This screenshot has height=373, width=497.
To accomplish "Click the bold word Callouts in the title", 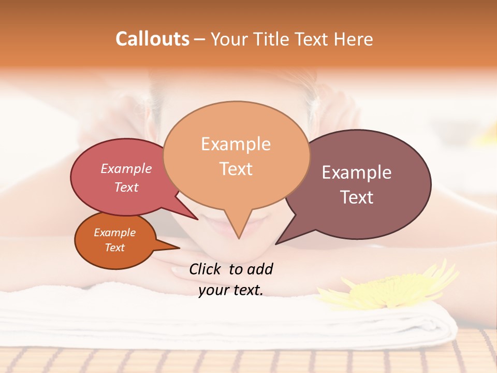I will pyautogui.click(x=152, y=39).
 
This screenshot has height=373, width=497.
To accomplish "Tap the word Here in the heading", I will pyautogui.click(x=354, y=39).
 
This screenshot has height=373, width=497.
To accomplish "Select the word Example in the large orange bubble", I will pyautogui.click(x=236, y=144).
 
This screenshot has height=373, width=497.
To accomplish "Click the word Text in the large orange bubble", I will pyautogui.click(x=236, y=169).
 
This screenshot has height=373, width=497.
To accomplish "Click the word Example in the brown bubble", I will pyautogui.click(x=357, y=173).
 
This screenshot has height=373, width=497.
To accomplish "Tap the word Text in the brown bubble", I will pyautogui.click(x=357, y=197).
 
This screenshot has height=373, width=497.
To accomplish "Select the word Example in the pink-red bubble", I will pyautogui.click(x=126, y=169).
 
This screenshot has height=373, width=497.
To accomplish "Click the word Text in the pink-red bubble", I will pyautogui.click(x=126, y=187).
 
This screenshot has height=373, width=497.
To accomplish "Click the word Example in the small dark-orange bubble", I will pyautogui.click(x=114, y=233).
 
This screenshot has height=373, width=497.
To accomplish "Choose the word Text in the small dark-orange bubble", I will pyautogui.click(x=114, y=248).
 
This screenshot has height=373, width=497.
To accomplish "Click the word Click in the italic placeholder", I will pyautogui.click(x=206, y=269).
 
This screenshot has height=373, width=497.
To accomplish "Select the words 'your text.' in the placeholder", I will pyautogui.click(x=231, y=291).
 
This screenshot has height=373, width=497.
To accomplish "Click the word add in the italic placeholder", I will pyautogui.click(x=259, y=269).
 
